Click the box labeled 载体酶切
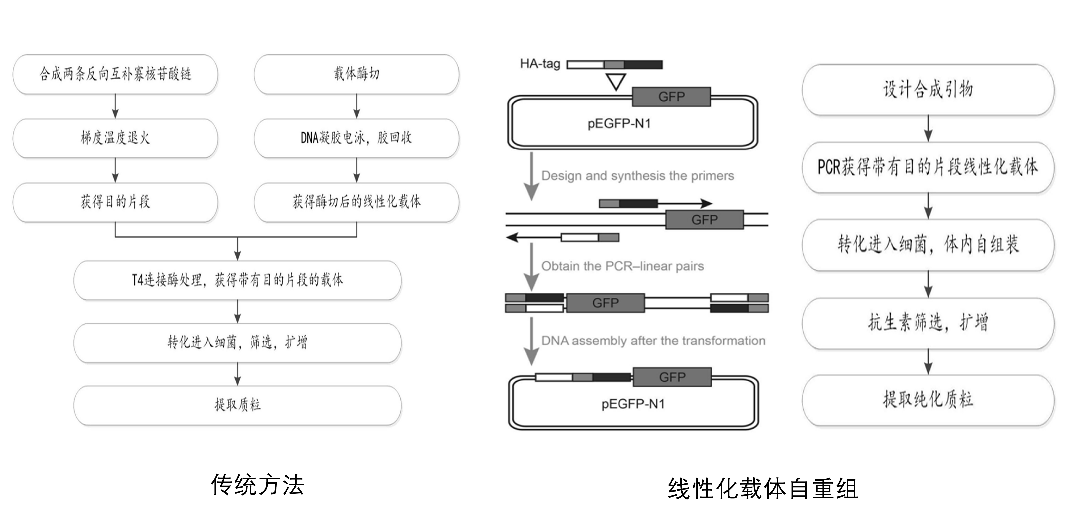[356, 74]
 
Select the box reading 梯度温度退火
[115, 138]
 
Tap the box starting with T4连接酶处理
[237, 280]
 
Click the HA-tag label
[540, 64]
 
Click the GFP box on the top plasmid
[671, 97]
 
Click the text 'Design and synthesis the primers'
[637, 176]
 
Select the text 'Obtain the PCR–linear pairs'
[622, 266]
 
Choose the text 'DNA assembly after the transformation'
[653, 341]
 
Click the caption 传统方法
[257, 485]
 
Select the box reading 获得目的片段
[115, 202]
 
